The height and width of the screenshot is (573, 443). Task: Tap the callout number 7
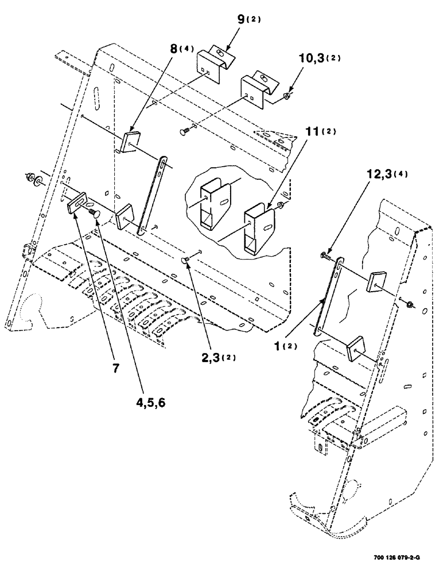(116, 367)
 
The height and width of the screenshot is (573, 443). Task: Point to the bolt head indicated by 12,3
(326, 255)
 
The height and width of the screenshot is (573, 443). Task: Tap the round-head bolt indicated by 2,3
(187, 261)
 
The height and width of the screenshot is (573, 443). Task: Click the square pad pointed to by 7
(77, 203)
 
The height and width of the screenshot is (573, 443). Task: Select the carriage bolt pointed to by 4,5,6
(96, 213)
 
